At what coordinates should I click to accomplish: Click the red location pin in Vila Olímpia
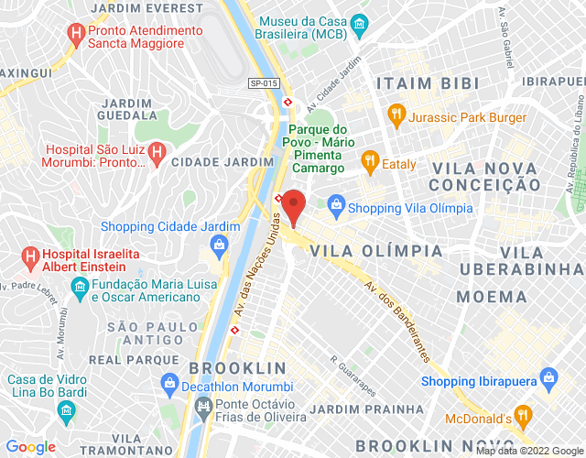click(x=294, y=203)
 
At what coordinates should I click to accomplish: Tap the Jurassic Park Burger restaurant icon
click(x=396, y=116)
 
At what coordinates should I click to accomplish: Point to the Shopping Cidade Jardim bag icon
click(x=219, y=245)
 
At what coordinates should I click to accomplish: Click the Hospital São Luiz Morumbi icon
click(x=156, y=153)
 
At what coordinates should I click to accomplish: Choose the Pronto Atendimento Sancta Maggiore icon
click(x=76, y=36)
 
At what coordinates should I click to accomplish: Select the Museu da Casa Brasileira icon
click(x=363, y=25)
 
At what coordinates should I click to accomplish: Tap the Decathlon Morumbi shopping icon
click(x=168, y=383)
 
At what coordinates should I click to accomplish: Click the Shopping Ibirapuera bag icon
click(x=548, y=377)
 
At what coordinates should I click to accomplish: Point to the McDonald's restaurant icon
click(x=522, y=418)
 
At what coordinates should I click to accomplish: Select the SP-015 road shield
click(x=262, y=82)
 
